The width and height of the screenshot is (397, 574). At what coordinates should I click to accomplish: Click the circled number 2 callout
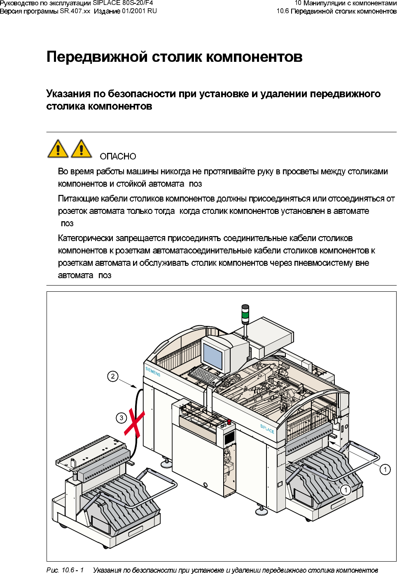pyautogui.click(x=113, y=376)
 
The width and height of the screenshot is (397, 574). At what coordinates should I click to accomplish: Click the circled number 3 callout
pyautogui.click(x=121, y=418)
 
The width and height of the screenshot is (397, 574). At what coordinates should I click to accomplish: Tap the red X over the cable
pyautogui.click(x=134, y=423)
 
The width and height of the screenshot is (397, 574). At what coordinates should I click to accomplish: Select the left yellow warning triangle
pyautogui.click(x=58, y=149)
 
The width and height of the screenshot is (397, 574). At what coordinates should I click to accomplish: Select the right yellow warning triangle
pyautogui.click(x=81, y=149)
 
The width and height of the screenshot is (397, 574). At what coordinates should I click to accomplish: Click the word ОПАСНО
pyautogui.click(x=118, y=157)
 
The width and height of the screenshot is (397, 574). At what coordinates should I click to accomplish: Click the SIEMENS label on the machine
pyautogui.click(x=153, y=372)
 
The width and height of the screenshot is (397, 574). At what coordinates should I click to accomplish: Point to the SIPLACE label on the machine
pyautogui.click(x=267, y=429)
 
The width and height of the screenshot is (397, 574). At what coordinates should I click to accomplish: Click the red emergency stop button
pyautogui.click(x=229, y=422)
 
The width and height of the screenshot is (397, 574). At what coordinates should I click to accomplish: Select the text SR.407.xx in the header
pyautogui.click(x=75, y=11)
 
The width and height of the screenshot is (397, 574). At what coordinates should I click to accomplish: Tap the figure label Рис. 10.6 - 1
pyautogui.click(x=65, y=570)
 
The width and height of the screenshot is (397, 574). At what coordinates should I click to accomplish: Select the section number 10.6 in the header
pyautogui.click(x=283, y=11)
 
